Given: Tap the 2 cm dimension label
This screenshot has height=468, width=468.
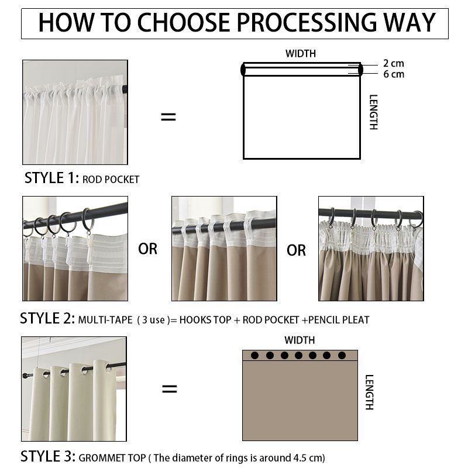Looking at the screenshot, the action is (393, 63).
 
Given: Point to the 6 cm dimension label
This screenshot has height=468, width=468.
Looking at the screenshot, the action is (394, 74).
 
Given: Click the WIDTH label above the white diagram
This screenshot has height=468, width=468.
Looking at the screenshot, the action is (301, 54).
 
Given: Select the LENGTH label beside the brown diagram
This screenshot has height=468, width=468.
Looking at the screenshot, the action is (370, 392).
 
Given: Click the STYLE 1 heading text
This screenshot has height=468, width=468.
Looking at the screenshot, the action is (51, 178).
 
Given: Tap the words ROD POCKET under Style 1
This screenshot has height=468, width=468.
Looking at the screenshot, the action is (111, 180).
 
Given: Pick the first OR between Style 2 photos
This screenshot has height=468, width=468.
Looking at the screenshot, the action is (148, 249).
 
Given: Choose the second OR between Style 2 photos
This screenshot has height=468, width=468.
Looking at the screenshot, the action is (296, 250).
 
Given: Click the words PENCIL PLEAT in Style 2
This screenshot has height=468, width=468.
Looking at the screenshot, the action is (339, 320).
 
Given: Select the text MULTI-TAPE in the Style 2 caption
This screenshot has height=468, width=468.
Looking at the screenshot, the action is (105, 320).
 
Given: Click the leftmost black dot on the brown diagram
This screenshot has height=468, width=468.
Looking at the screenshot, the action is (254, 355).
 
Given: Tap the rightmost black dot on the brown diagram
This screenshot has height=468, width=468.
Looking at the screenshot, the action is (342, 355).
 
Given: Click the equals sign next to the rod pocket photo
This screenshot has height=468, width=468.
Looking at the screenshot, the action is (168, 116).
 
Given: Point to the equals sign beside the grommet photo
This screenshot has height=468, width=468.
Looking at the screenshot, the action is (170, 388).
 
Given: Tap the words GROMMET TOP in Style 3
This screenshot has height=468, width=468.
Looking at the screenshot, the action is (112, 458).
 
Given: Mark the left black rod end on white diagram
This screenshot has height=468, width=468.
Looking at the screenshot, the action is (243, 70).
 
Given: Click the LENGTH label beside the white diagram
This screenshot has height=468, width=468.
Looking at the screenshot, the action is (374, 112).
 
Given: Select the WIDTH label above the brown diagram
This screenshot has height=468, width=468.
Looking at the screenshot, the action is (300, 340).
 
